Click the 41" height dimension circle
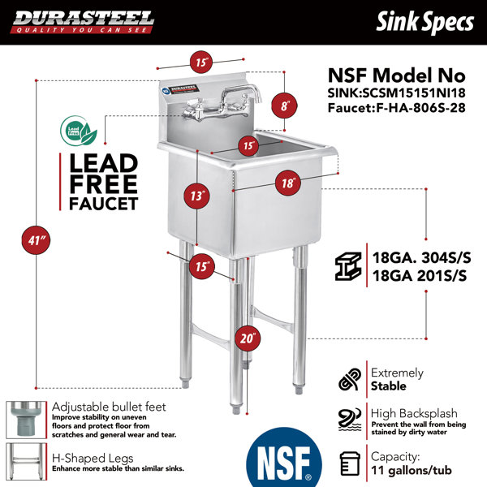(36, 240)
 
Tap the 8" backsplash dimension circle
(284, 106)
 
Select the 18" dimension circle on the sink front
(288, 183)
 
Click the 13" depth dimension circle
(196, 196)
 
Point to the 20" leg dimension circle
(248, 338)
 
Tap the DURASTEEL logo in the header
(83, 22)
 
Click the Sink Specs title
(425, 21)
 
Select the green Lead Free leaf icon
(78, 131)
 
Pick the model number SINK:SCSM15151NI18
(397, 93)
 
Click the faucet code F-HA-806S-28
(420, 108)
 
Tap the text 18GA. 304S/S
(421, 257)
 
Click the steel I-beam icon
(348, 266)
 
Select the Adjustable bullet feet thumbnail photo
(27, 420)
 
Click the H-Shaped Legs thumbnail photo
(27, 462)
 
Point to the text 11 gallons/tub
(412, 470)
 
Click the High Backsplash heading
(414, 413)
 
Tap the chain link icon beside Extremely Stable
(350, 379)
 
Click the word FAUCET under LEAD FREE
(103, 204)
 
